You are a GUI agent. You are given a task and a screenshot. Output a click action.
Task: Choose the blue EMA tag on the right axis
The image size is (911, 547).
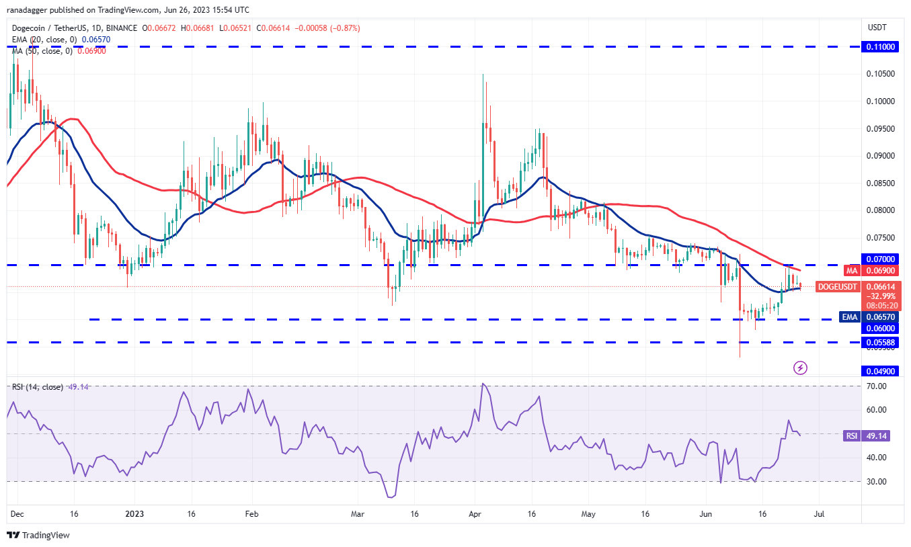tap(850, 317)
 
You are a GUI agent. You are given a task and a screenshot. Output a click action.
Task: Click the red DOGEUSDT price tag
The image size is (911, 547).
tap(837, 287)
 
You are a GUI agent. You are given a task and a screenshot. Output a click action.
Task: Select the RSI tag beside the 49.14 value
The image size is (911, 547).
tap(851, 435)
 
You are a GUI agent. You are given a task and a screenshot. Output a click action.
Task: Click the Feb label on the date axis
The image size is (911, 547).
tap(251, 513)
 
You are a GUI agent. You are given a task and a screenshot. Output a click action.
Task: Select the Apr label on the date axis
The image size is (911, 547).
tap(475, 513)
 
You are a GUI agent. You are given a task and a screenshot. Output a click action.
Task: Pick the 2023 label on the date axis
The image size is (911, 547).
tap(134, 513)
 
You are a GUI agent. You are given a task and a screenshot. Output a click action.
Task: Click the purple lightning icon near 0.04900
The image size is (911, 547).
tap(800, 368)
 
